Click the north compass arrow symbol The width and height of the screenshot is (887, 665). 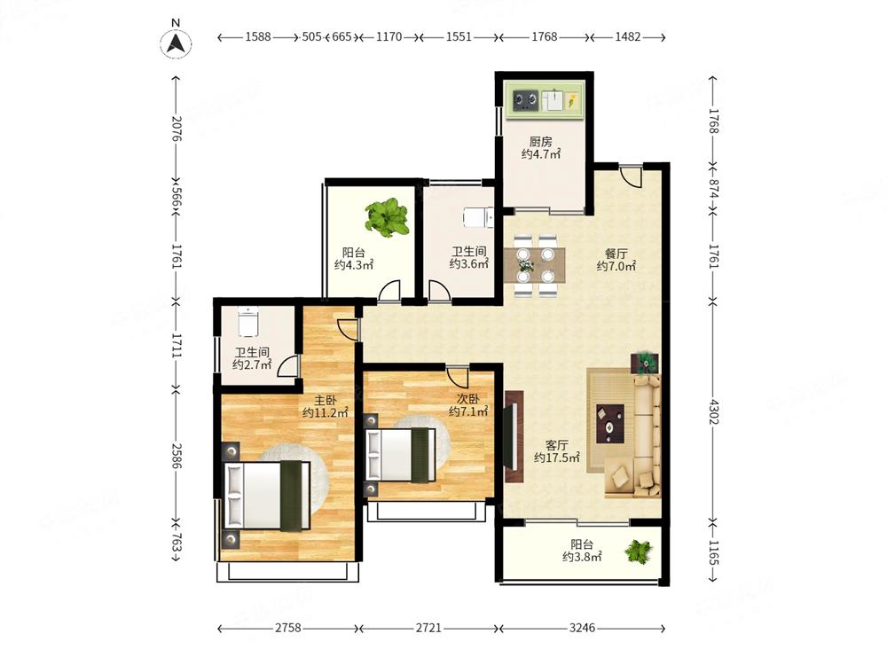pos(176,43)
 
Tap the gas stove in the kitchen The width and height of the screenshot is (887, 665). pos(525,101)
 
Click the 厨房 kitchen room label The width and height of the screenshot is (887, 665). pos(541,141)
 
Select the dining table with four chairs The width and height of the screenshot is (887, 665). pos(534,264)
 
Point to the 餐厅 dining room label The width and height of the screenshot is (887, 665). pos(616,254)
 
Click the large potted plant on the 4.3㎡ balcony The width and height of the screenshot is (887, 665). pos(387,217)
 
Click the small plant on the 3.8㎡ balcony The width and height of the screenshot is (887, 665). pos(639,552)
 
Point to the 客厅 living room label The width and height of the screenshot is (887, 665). pos(557,445)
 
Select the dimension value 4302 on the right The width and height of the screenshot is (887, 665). pos(713,411)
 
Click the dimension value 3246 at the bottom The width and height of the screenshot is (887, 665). pos(582,628)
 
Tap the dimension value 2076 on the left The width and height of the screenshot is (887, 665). pos(176,129)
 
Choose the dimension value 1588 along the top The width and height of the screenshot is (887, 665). pos(258,36)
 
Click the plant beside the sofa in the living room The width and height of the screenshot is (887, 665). pos(644,363)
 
